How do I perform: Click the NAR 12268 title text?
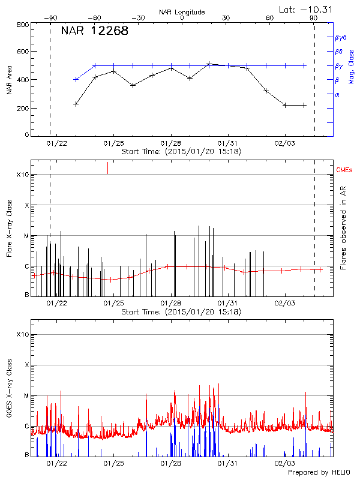pos(94,31)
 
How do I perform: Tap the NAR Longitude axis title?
pos(182,11)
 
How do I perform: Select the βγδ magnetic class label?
pos(341,37)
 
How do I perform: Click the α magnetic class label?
pos(337,94)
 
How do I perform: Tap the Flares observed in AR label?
pos(343,227)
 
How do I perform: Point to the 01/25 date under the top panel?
pos(113,143)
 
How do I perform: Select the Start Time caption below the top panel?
pos(181,152)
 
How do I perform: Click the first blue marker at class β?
pos(76,79)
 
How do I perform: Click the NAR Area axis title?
pos(9,80)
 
